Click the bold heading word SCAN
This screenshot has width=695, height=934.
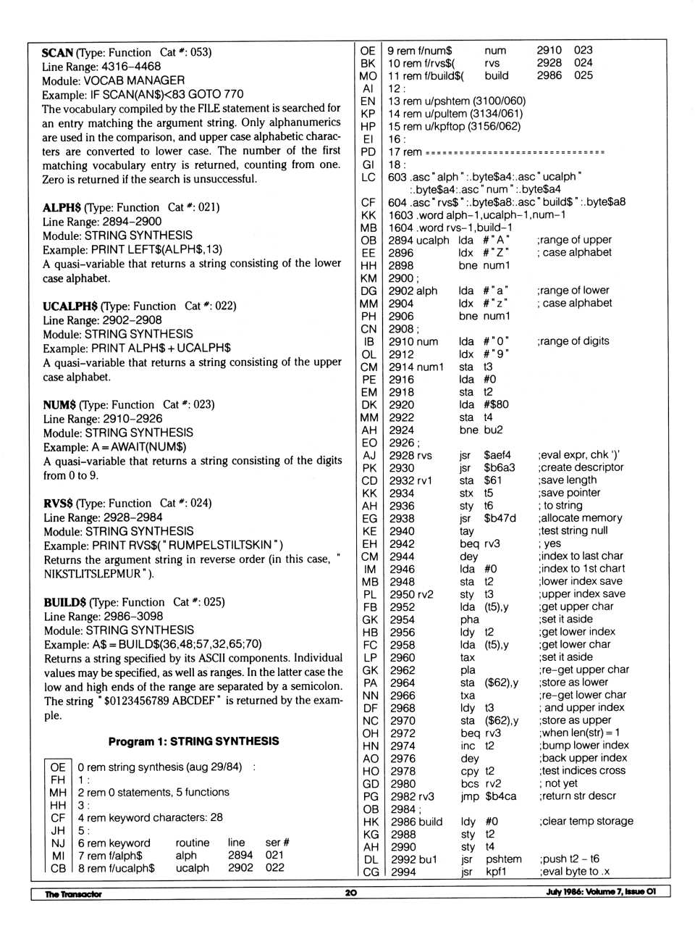point(57,53)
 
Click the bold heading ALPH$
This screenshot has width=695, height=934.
point(62,208)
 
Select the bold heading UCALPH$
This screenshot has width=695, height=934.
point(69,307)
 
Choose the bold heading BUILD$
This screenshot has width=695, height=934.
point(64,602)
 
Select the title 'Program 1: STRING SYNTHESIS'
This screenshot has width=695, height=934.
point(193,741)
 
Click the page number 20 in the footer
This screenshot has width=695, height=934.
point(350,893)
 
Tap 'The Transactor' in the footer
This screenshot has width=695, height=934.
point(73,893)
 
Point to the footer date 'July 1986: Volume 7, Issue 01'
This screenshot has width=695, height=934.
point(601,892)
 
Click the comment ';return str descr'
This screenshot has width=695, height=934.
point(577,796)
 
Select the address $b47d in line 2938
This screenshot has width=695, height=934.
point(500,518)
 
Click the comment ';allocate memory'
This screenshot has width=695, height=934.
point(580,518)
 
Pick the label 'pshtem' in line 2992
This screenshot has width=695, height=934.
point(503,859)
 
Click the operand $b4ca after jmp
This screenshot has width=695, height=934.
point(500,796)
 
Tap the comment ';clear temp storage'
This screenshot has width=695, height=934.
point(586,821)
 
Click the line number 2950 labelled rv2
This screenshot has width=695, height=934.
point(402,594)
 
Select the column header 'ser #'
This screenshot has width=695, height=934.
point(277,843)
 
